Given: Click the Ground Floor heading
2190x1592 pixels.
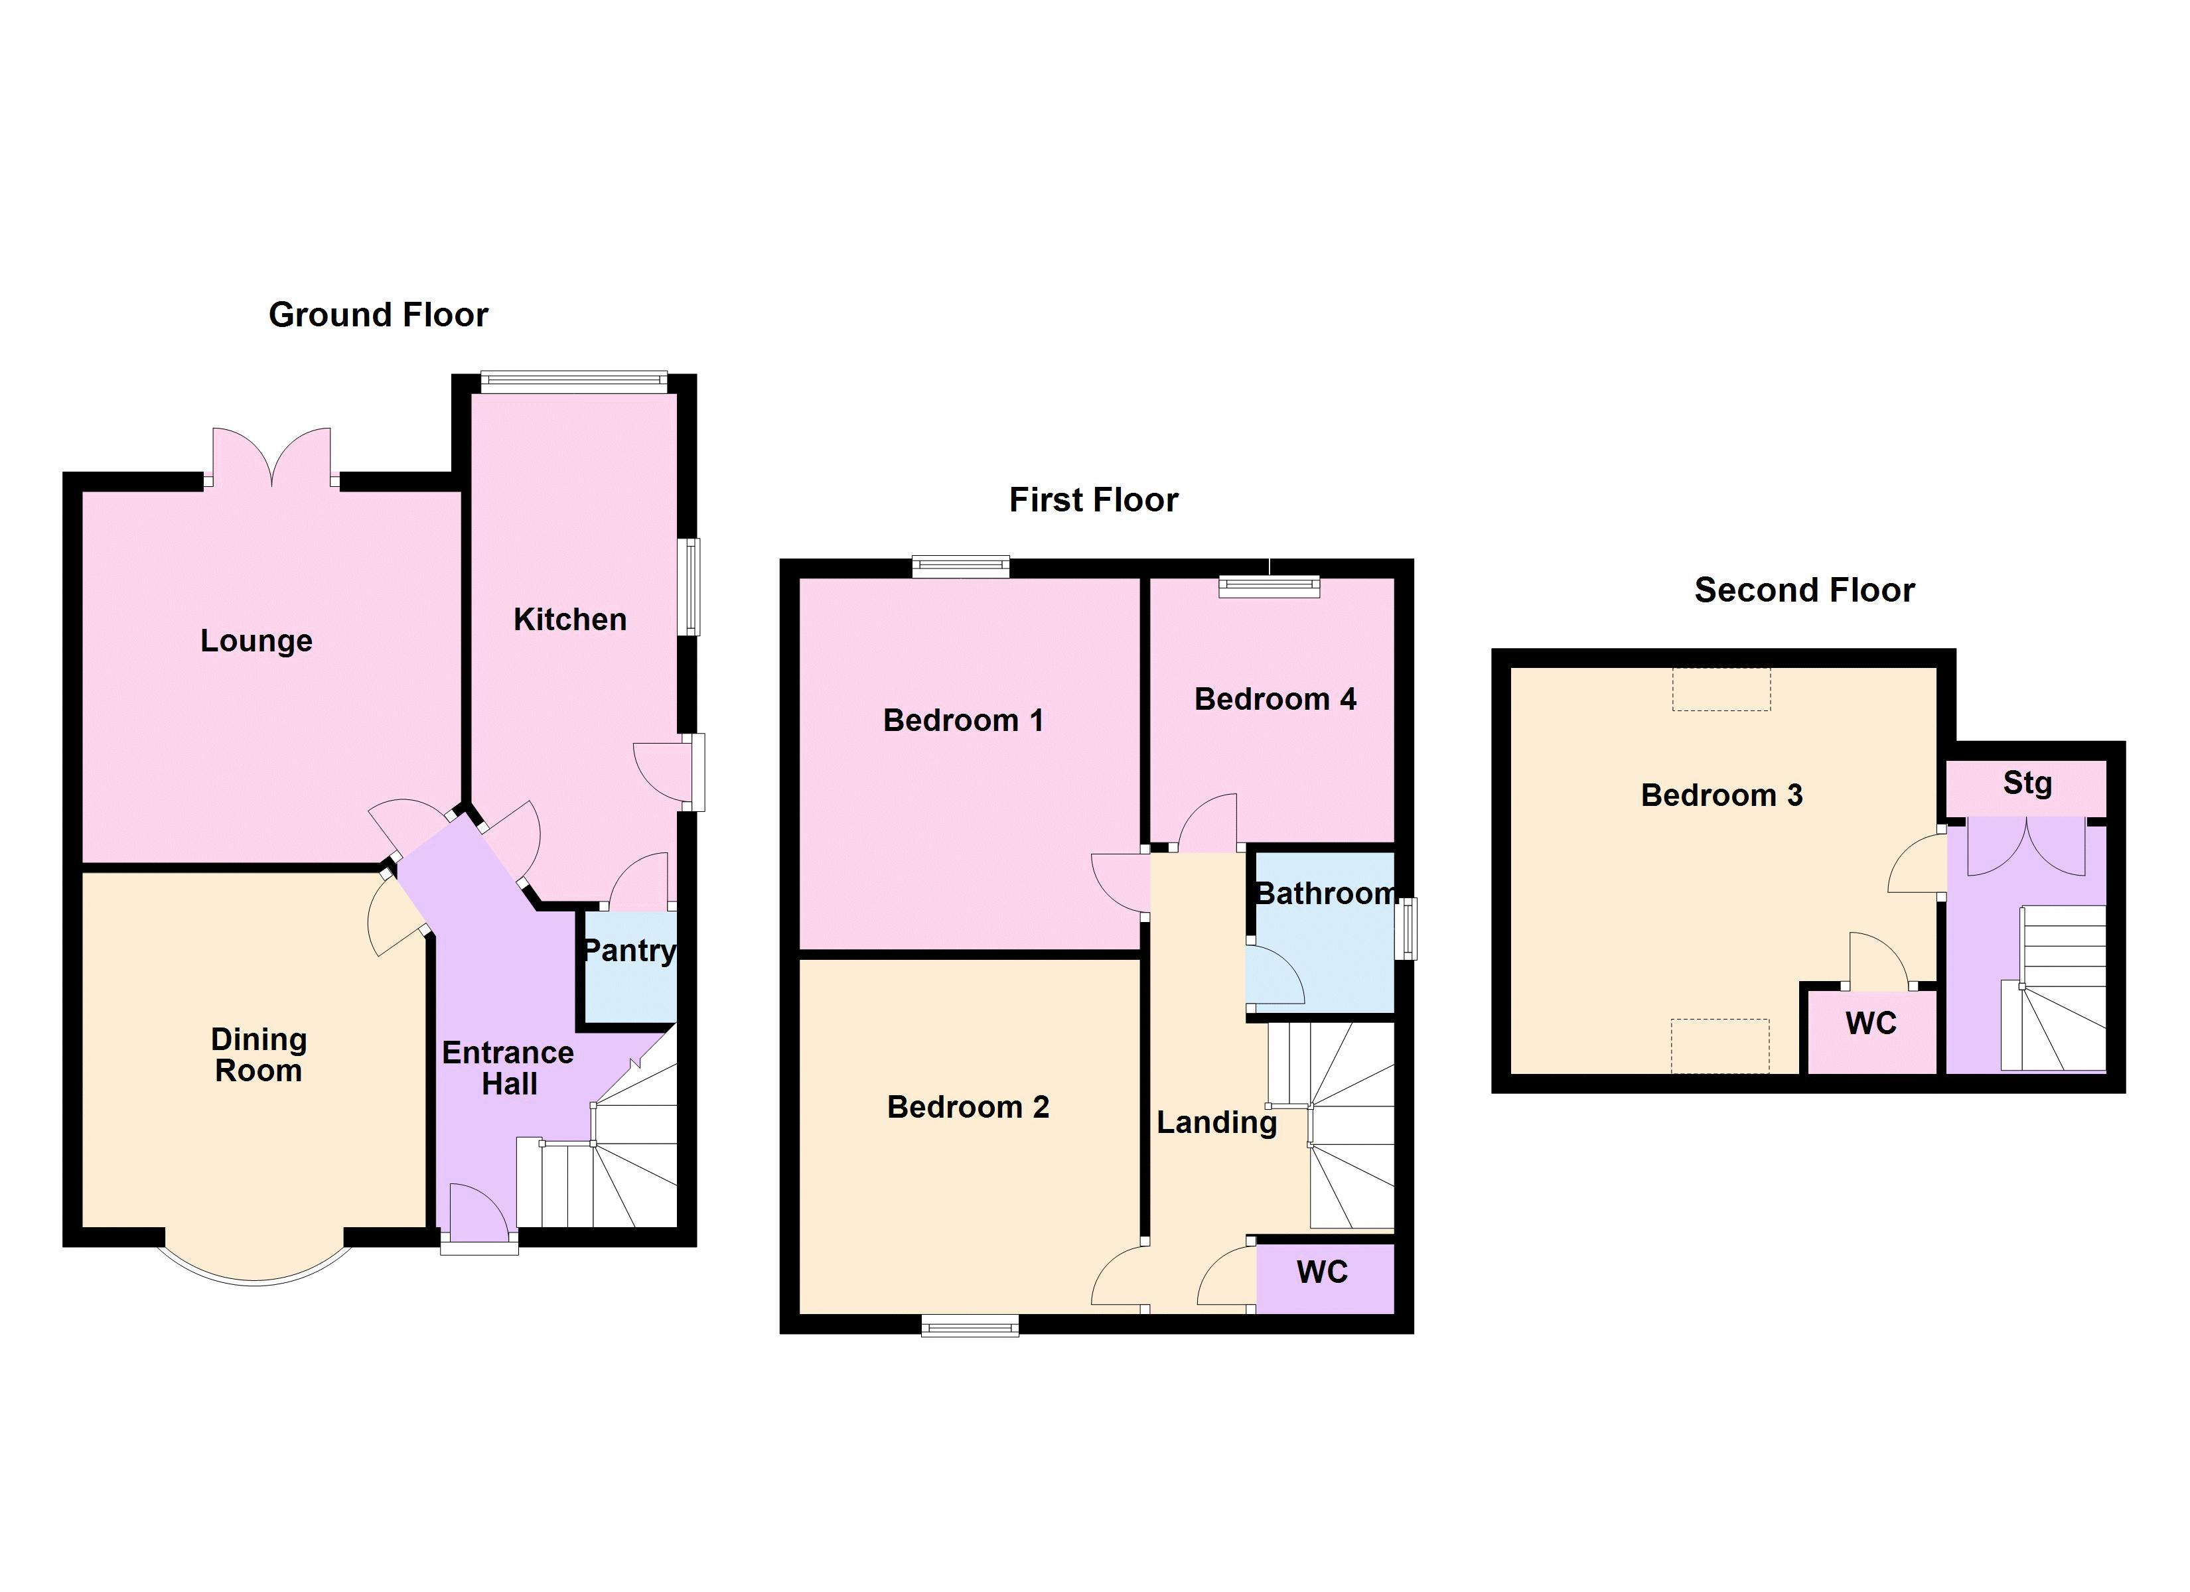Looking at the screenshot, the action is tap(378, 314).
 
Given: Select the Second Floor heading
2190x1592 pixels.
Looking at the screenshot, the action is tap(1804, 590).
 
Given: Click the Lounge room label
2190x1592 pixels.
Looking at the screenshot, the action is tap(256, 641).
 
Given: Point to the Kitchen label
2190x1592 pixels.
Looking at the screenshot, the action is tap(569, 620).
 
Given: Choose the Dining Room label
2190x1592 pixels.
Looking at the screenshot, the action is tap(259, 1055).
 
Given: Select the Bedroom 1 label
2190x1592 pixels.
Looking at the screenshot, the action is tap(963, 720).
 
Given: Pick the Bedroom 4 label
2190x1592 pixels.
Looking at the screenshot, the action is tap(1275, 699).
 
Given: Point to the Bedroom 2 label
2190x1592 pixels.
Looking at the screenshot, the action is tap(968, 1106).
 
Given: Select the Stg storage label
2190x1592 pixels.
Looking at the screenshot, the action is tap(2027, 783).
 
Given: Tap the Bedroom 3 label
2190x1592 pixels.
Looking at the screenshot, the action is tap(1721, 795).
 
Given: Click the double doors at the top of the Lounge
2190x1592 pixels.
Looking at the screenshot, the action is tap(271, 458).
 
